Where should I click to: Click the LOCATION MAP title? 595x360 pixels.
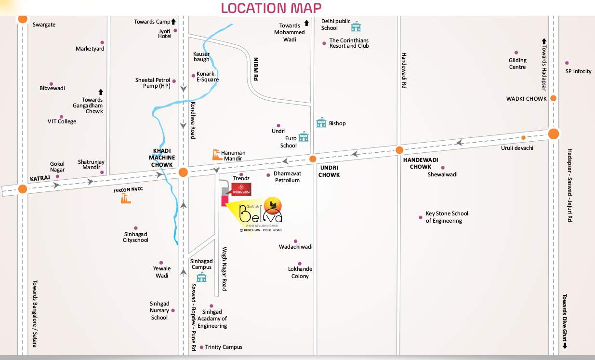point(271,8)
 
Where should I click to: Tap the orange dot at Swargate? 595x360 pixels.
point(23,19)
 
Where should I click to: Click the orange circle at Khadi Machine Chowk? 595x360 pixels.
point(183,173)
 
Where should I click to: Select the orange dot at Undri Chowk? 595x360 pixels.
point(313,159)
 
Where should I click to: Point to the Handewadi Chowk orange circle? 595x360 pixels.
point(399,150)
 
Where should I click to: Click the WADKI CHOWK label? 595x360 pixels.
point(526,99)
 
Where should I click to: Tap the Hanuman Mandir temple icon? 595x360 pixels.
point(217,155)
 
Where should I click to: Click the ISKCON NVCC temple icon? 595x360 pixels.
point(126,198)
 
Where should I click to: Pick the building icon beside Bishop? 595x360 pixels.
point(321,123)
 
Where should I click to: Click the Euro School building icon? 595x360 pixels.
point(304,137)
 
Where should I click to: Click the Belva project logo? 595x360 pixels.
point(261,213)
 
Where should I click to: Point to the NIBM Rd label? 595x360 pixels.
point(256,69)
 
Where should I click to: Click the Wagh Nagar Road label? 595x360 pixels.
point(224,269)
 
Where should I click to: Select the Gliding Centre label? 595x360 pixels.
point(517,64)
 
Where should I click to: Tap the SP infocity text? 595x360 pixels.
point(578,71)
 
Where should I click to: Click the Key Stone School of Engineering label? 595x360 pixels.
point(447,217)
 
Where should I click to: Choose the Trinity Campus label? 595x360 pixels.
point(224,347)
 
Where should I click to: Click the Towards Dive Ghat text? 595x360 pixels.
point(564,318)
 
